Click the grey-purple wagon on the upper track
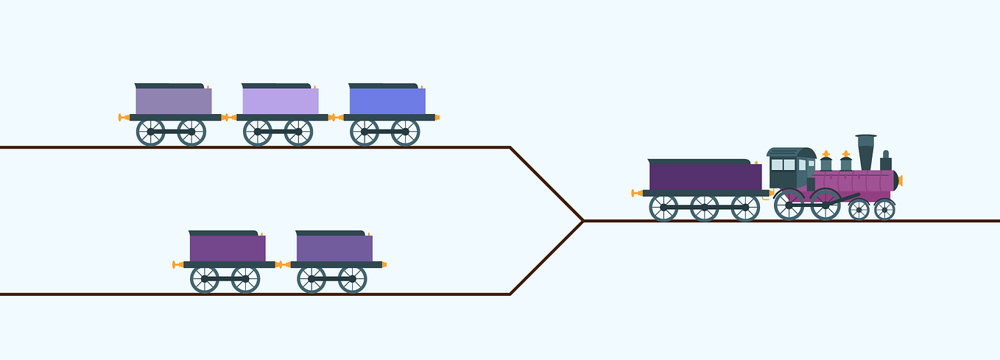[x=173, y=102]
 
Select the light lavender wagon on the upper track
[x=280, y=102]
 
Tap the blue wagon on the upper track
[x=387, y=102]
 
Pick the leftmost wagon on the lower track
[x=227, y=249]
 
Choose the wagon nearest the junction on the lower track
[x=334, y=249]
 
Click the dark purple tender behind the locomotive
[x=705, y=177]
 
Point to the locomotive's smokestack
[x=866, y=152]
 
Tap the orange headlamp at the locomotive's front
[x=900, y=180]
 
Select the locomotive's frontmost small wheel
[x=884, y=209]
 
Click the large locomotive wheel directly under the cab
[x=789, y=205]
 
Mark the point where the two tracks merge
[x=582, y=220]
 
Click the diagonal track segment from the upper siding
[x=546, y=183]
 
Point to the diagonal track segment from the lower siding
[x=546, y=258]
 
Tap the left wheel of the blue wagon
[x=365, y=132]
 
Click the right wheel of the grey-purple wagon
[x=191, y=132]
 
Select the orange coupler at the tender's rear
[x=637, y=193]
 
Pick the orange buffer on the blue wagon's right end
[x=437, y=117]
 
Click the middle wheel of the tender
[x=705, y=208]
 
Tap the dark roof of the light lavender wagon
[x=276, y=86]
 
